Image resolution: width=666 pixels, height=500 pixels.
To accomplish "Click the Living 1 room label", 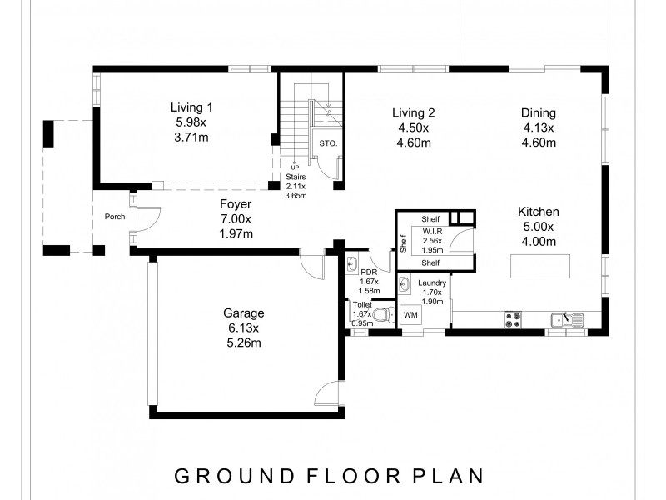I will [191, 107].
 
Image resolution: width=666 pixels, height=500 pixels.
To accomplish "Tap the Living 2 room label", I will [414, 113].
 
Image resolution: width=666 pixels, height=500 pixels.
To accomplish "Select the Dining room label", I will [539, 113].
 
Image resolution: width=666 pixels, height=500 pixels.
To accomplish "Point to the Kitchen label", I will [539, 212].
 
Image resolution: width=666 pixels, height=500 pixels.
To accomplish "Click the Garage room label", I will [243, 313].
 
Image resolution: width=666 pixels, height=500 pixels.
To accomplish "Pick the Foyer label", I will [236, 204].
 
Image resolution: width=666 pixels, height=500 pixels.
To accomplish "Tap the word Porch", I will [115, 217].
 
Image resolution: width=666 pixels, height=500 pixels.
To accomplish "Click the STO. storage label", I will [328, 143].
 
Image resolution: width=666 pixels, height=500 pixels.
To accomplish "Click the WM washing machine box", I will [410, 315].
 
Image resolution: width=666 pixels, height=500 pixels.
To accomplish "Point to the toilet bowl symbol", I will [381, 315].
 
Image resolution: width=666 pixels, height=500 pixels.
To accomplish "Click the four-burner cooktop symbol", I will [513, 319].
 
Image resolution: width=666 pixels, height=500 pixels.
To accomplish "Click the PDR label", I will [369, 272].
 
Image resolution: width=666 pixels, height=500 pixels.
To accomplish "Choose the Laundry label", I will [432, 283].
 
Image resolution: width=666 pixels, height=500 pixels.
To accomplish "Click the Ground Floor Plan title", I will [329, 476].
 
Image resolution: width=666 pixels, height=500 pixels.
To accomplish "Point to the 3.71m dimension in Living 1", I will [191, 136].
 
